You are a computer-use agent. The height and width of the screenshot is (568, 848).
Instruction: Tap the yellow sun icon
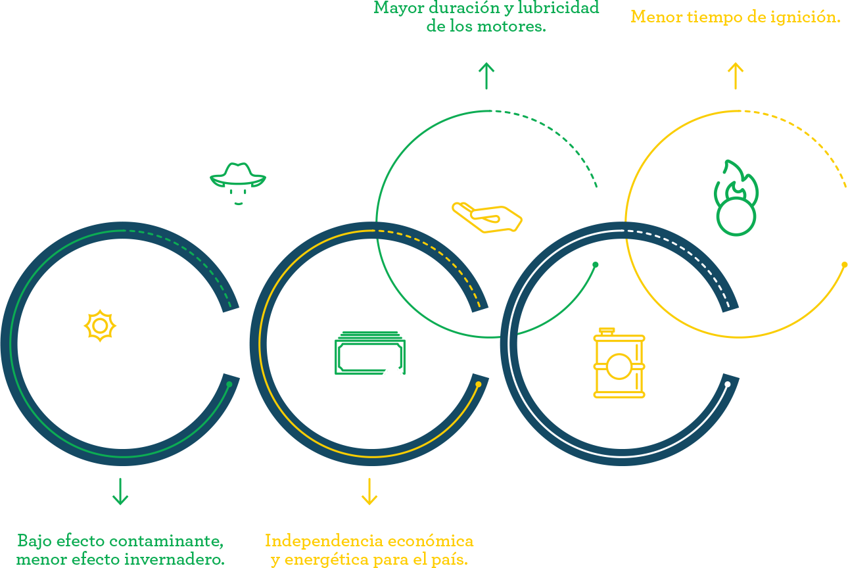pos(100,325)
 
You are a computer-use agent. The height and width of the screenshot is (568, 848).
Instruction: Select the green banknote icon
pos(369,354)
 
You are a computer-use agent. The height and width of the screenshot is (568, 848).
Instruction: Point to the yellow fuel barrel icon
pos(619,363)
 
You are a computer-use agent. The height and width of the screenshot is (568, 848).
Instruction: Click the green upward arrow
pos(486,76)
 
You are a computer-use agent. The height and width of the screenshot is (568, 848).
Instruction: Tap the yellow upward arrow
pos(736,76)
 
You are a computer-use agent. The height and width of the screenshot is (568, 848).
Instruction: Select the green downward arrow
pos(120,492)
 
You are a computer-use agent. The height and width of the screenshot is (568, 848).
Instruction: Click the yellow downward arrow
pos(369,492)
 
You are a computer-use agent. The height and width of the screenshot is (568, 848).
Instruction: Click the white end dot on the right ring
pos(727,384)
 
